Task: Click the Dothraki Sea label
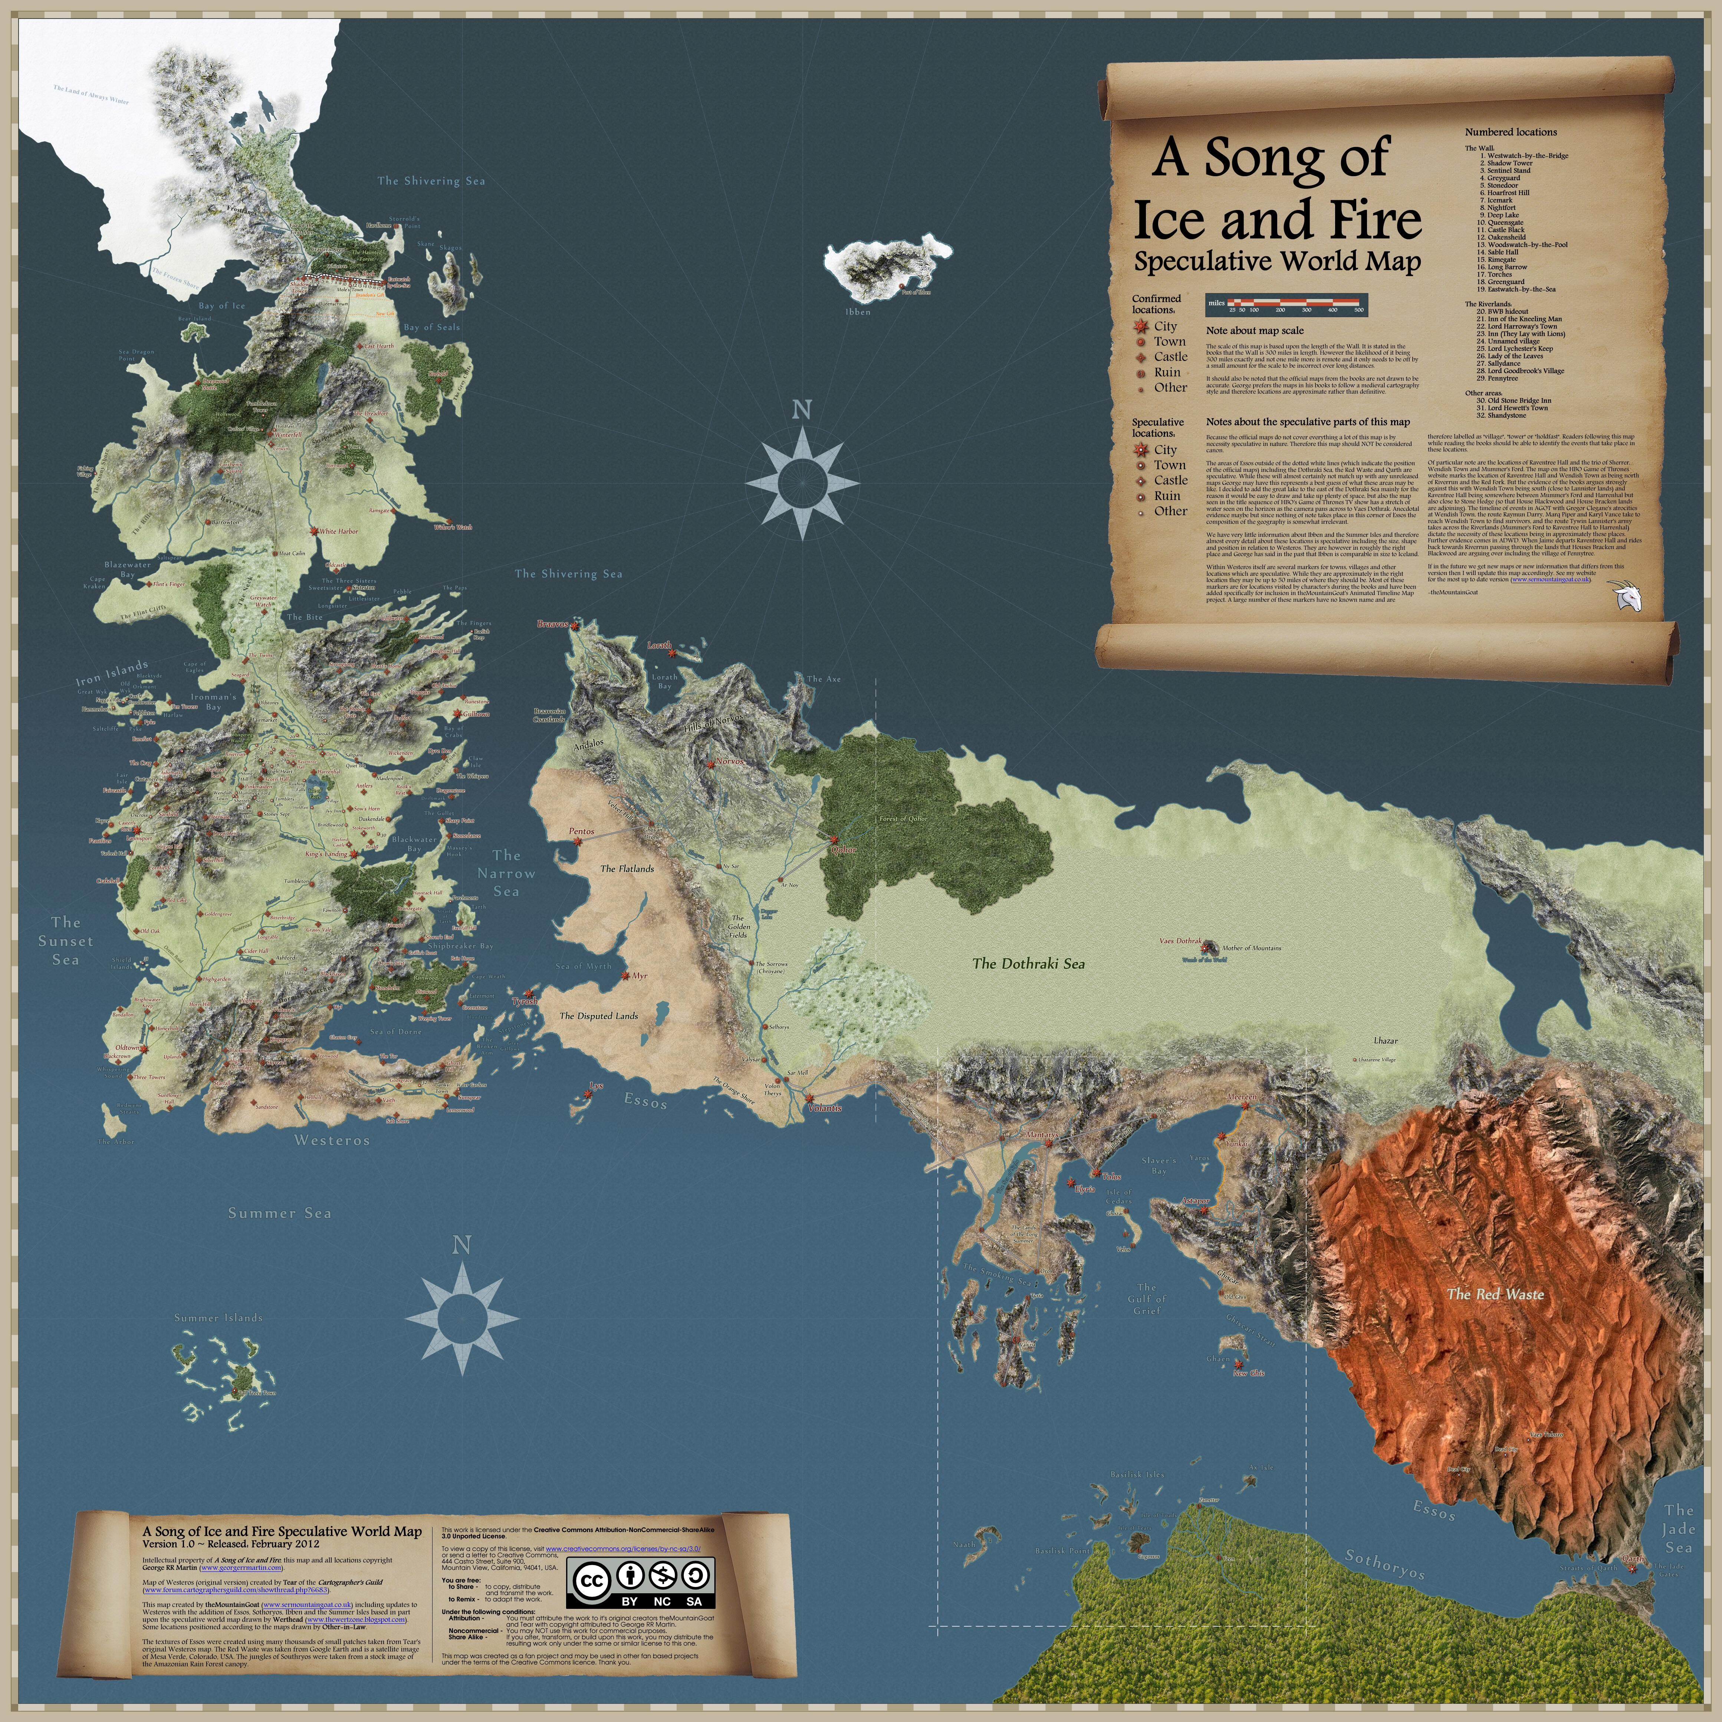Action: tap(1029, 963)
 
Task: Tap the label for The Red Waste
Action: tap(1496, 1294)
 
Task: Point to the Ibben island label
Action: tap(857, 312)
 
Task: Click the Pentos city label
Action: tap(581, 832)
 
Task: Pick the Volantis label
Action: tap(824, 1108)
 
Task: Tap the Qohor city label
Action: tap(843, 850)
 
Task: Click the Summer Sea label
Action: tap(279, 1213)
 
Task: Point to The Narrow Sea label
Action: tap(506, 874)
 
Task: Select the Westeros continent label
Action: tap(332, 1140)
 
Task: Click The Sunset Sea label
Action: tap(65, 941)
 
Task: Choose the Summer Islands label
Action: tap(218, 1317)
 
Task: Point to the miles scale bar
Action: tap(1285, 305)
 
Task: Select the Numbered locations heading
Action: tap(1511, 132)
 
